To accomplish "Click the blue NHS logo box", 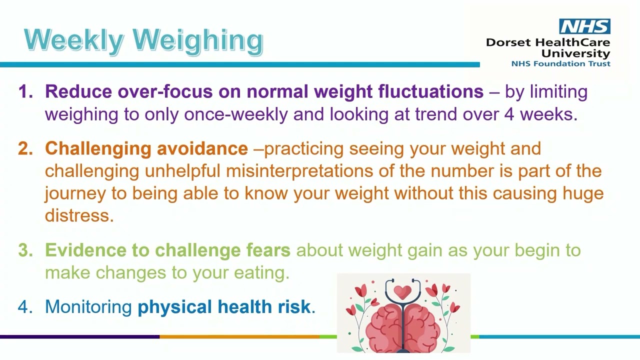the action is coord(584,26).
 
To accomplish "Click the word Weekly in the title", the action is coord(74,40).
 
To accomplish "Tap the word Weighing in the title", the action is coord(197,41).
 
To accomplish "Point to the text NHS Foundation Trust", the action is coord(560,63).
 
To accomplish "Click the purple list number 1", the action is coord(25,91).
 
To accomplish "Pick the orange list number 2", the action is coord(25,148).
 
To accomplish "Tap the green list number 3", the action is coord(25,250).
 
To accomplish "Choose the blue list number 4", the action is coord(25,306).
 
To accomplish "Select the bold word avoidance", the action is coord(202,148).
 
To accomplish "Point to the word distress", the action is coord(79,215).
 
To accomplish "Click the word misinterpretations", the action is coord(299,171).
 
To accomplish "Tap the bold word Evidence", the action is coord(85,250).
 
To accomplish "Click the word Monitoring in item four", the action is coord(88,307).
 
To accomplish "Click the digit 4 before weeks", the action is coord(509,114).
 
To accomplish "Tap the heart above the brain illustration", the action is coord(402,292).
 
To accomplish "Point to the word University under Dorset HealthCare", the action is coord(575,53).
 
